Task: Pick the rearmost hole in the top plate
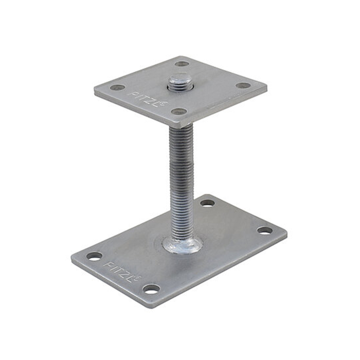click(182, 64)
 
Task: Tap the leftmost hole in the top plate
click(117, 87)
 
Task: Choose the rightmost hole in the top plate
click(243, 85)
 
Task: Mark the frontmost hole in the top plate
click(178, 111)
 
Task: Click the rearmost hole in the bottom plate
click(207, 203)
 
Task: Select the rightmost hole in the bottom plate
click(265, 230)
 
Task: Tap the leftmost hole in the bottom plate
click(94, 256)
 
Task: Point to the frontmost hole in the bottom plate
click(151, 289)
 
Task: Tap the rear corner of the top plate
click(181, 57)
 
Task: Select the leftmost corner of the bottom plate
click(73, 260)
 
